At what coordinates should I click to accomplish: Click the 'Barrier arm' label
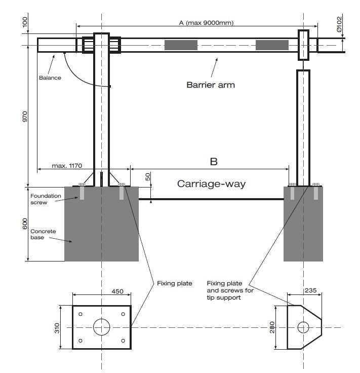211,85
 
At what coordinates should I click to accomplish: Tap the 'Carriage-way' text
211,184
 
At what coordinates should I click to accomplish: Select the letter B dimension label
214,162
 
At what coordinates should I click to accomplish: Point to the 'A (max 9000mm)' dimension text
206,23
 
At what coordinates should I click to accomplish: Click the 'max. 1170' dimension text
67,166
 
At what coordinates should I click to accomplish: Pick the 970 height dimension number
25,117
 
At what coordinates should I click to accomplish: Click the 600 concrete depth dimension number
25,224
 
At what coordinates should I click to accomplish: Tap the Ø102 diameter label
339,24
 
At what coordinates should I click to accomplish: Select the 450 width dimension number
117,291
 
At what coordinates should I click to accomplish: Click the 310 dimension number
57,328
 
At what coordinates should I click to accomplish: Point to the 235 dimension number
310,290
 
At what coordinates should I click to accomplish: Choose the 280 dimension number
272,327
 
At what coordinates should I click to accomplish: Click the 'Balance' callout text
50,78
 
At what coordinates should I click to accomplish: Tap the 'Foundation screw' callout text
46,199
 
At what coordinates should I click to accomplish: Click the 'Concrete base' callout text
43,234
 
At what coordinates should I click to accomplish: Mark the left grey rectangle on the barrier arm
181,45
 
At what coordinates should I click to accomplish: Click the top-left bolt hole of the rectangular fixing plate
81,314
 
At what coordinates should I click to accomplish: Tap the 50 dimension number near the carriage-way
148,177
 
